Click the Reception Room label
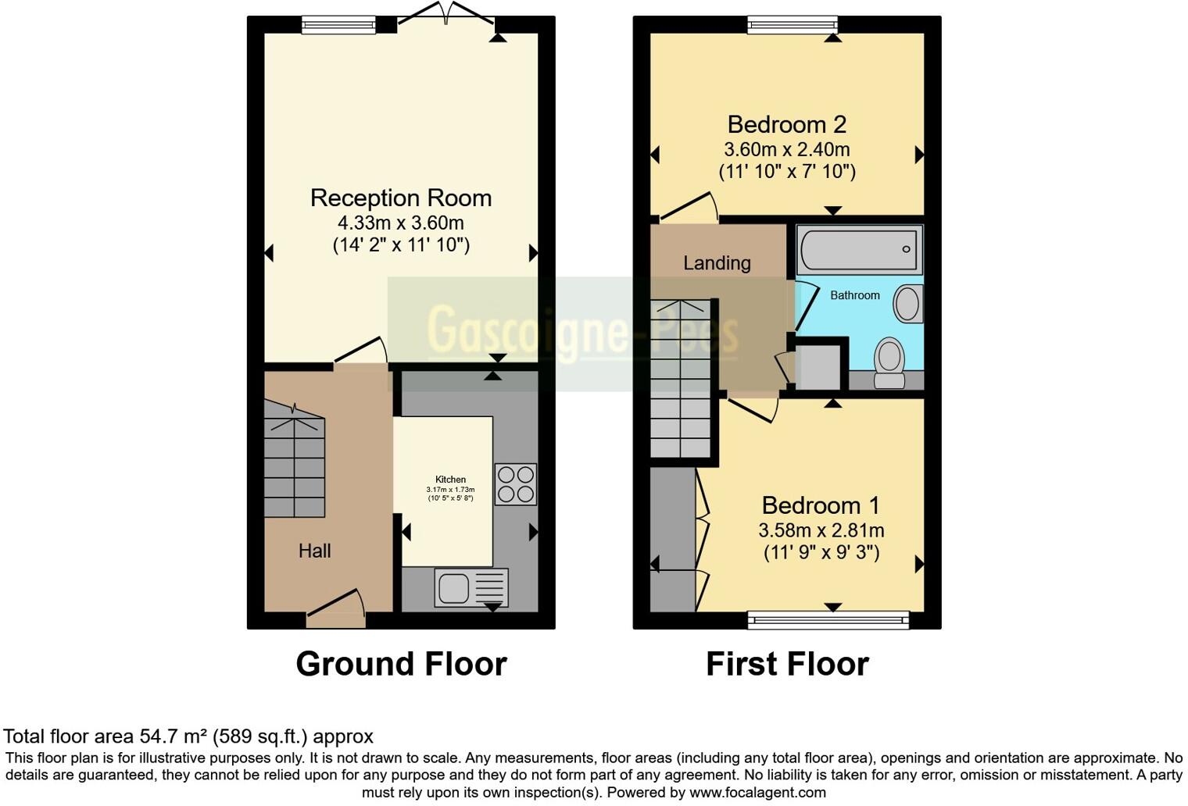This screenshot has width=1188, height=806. click(x=401, y=198)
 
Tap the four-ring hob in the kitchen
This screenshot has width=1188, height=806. click(x=516, y=484)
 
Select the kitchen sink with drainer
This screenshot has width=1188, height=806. click(x=471, y=587)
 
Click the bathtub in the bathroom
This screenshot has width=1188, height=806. click(x=859, y=250)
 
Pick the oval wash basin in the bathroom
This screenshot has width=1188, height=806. click(x=907, y=303)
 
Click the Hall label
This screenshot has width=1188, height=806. click(x=314, y=551)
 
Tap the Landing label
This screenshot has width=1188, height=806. click(x=717, y=263)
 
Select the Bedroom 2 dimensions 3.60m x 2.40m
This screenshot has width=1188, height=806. click(x=786, y=149)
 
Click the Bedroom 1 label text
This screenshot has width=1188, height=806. click(x=821, y=505)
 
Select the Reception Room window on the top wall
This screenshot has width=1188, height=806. click(x=338, y=25)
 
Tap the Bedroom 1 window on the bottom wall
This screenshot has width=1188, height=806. click(x=828, y=621)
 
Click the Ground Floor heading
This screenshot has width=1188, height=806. click(x=401, y=664)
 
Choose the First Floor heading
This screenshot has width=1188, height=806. click(x=787, y=664)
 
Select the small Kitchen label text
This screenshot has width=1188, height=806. click(x=450, y=480)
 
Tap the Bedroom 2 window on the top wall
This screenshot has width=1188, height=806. click(x=793, y=25)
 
